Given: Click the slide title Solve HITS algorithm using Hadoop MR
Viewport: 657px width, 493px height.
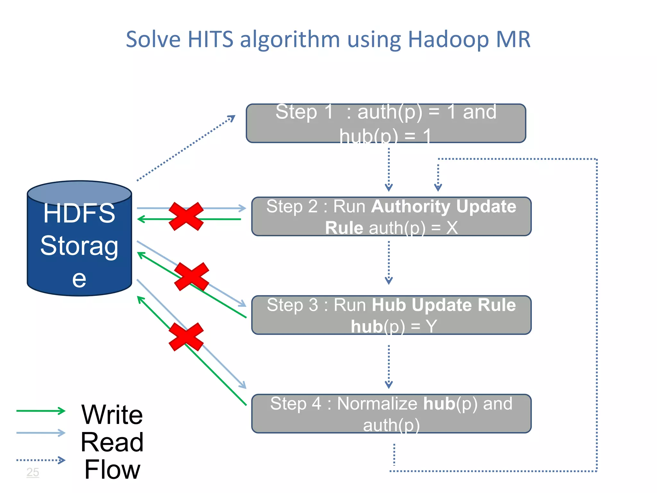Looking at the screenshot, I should coord(328,39).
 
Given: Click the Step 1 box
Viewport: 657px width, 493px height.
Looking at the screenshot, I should coord(386,123).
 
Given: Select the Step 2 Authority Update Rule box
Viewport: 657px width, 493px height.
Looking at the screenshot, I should coord(391,217).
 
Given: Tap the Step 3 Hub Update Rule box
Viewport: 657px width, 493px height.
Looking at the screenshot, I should coord(391,315).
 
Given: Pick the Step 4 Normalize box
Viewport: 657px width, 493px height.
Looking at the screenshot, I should coord(391,414).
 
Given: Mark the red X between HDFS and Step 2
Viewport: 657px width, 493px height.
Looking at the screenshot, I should coord(186,216).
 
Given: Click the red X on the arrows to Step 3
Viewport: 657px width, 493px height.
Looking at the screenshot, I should coord(192,277).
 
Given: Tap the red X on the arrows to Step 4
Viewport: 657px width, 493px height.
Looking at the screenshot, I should coord(186,337).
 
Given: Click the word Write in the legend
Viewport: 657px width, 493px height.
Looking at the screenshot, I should coord(112,414).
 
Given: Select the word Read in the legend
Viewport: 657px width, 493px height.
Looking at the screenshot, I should coord(112,442).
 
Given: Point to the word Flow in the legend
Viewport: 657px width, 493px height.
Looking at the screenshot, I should coord(112,469).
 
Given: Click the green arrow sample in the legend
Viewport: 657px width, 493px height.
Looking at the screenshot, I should coord(41,411).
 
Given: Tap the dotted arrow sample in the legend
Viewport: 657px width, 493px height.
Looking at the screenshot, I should coord(41,460).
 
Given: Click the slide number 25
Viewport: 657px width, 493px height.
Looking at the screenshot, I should coord(33,472).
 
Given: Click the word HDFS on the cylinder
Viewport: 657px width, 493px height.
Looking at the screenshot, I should coord(79,213).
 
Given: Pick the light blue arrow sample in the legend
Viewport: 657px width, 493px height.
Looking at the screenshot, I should coord(41,433).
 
